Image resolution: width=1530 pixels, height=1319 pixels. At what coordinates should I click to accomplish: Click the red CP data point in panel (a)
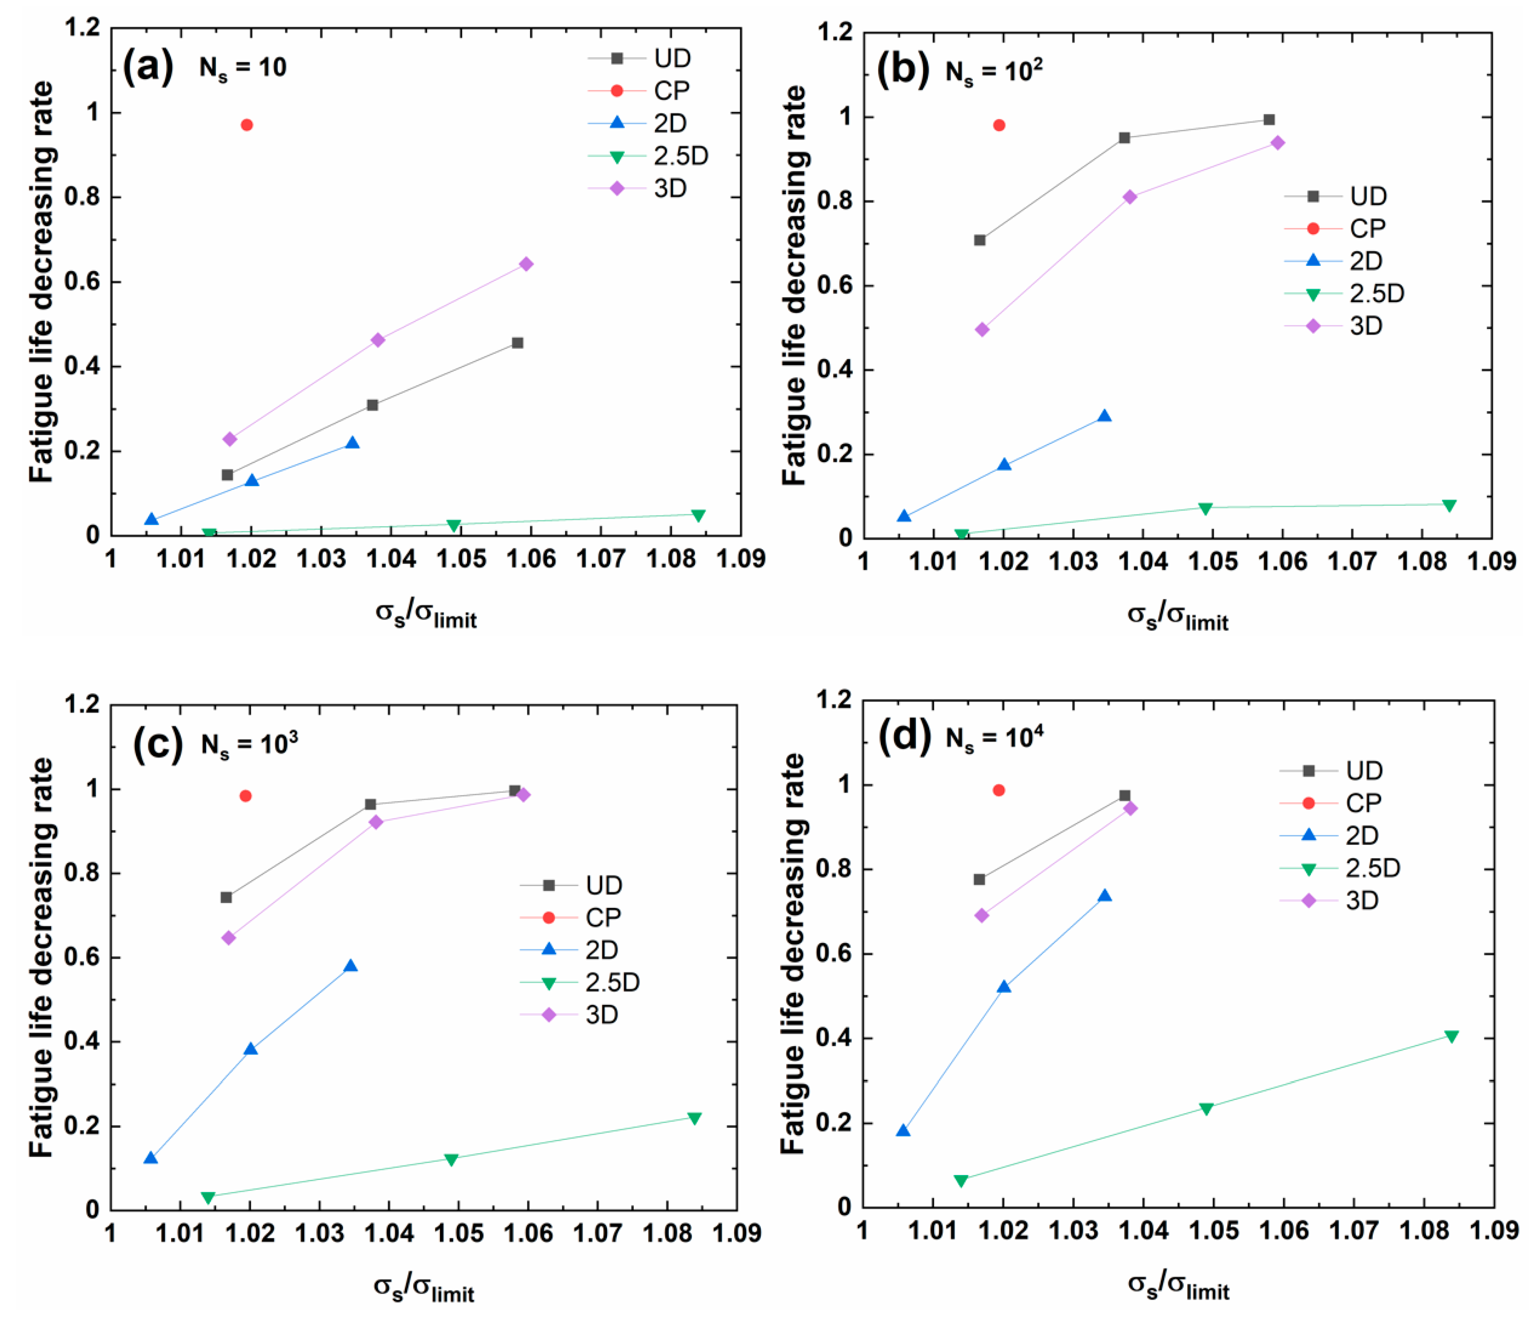tap(247, 125)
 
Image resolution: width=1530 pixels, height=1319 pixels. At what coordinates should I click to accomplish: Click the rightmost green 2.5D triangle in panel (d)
tap(1451, 1037)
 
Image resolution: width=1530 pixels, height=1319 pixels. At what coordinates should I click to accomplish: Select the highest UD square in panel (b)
tap(1269, 120)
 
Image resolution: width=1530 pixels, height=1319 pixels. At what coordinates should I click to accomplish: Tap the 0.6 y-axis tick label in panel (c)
tap(81, 958)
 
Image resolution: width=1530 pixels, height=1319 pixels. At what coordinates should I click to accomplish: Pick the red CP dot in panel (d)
tap(999, 790)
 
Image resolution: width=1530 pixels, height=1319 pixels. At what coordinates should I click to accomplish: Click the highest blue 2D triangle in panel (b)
tap(1104, 416)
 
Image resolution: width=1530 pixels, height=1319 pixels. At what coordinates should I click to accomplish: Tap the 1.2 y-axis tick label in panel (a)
tap(81, 28)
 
